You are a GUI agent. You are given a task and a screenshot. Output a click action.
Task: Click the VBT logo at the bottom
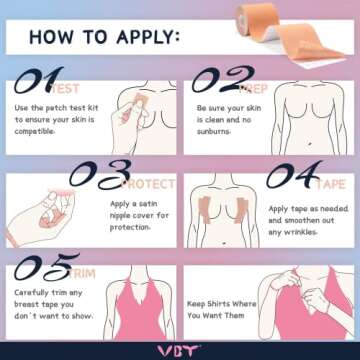click(x=180, y=348)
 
